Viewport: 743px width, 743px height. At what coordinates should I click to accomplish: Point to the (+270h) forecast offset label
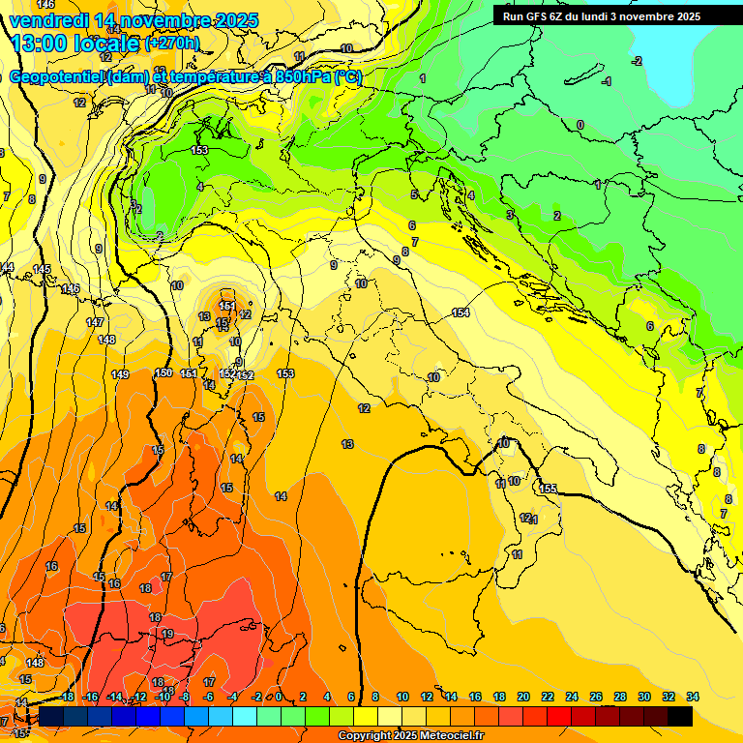click(172, 43)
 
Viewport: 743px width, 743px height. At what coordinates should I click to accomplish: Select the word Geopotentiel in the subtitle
click(58, 77)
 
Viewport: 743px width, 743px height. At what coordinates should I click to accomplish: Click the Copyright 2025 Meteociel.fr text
click(410, 736)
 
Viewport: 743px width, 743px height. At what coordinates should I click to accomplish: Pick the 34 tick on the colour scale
click(693, 697)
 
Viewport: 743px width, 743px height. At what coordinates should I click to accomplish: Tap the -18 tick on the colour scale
click(67, 697)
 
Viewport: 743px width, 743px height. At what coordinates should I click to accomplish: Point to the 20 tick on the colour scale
click(523, 697)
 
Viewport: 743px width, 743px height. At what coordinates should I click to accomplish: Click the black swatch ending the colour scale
click(680, 716)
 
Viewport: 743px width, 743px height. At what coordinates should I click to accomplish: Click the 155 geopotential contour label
click(549, 490)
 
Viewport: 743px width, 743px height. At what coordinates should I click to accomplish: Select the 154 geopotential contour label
click(461, 312)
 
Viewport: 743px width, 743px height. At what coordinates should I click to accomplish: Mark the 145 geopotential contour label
click(42, 269)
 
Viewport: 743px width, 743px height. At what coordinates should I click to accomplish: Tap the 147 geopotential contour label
click(94, 322)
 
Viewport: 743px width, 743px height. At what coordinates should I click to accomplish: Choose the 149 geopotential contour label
click(120, 374)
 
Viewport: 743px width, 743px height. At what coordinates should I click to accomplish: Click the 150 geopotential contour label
click(163, 372)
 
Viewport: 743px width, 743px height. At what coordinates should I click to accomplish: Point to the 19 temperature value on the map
click(167, 634)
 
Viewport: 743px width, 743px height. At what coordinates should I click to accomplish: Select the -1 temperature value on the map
click(607, 82)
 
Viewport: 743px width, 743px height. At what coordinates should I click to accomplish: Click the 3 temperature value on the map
click(509, 215)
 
